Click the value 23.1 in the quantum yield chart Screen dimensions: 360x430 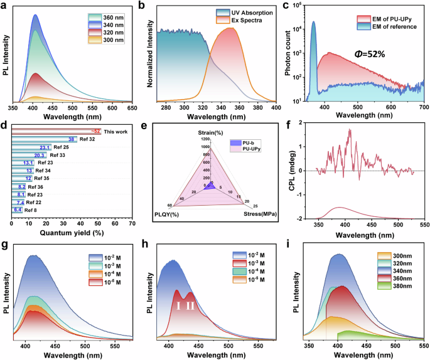click(x=45, y=147)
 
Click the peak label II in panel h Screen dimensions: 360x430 click(x=191, y=305)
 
